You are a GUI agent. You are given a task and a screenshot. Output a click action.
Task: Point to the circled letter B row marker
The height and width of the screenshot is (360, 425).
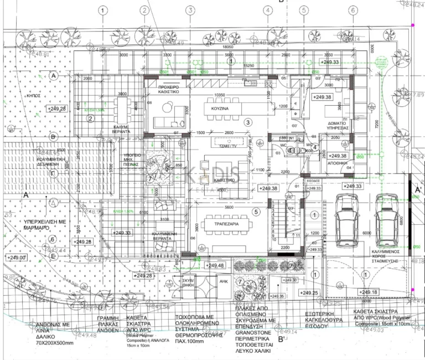pyautogui.click(x=54, y=136)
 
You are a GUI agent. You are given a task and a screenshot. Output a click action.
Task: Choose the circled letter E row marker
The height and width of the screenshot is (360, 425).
pyautogui.click(x=53, y=256)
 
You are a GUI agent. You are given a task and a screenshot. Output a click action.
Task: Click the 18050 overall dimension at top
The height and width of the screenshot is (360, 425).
pyautogui.click(x=227, y=48)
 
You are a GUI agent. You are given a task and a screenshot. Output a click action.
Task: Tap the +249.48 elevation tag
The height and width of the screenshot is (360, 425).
pyautogui.click(x=215, y=266)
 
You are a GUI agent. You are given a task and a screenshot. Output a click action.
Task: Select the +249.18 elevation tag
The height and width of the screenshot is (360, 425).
pyautogui.click(x=369, y=292)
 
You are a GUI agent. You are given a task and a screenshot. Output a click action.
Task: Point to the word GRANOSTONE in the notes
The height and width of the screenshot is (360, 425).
pyautogui.click(x=257, y=327)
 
